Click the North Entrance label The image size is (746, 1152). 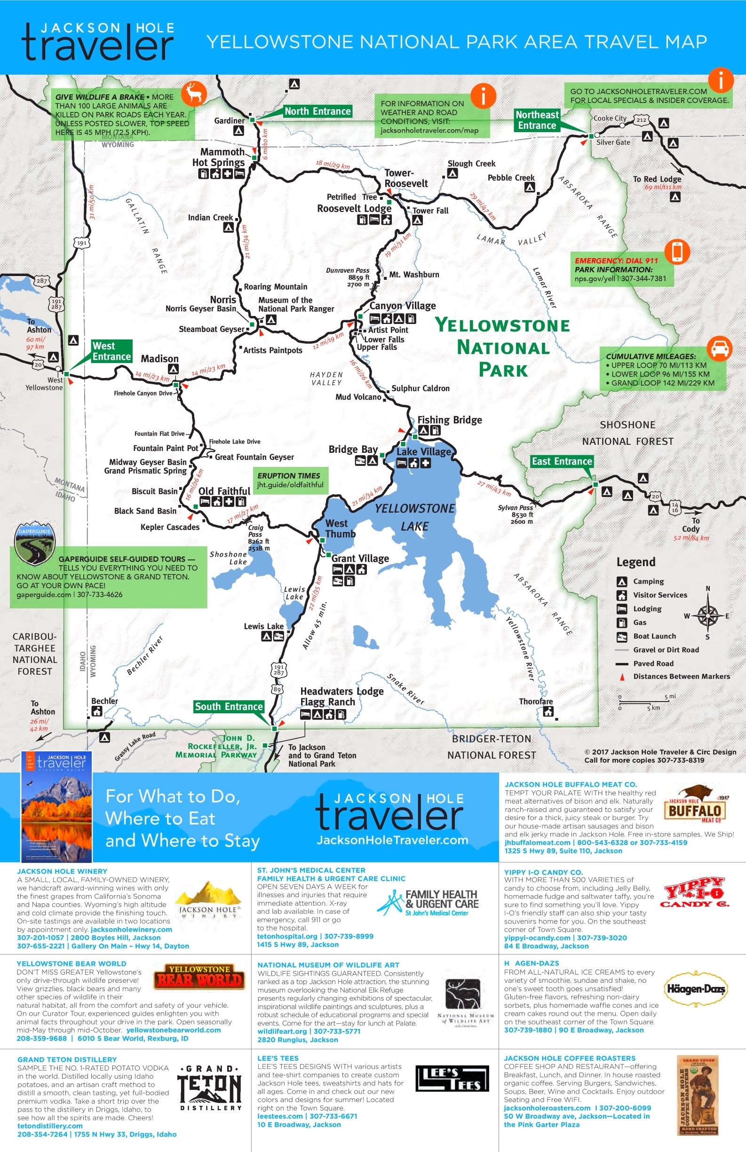click(317, 111)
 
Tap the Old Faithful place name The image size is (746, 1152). click(224, 491)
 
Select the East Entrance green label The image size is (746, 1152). click(562, 461)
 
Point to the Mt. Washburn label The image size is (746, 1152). click(414, 275)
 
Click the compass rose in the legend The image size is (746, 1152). click(707, 615)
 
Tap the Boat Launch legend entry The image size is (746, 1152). click(654, 636)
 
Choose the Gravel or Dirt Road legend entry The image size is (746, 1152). click(666, 649)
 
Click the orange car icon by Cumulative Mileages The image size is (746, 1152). click(719, 348)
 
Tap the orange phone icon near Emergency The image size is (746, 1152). click(677, 251)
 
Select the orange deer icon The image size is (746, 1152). click(194, 93)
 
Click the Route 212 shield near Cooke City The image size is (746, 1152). click(642, 119)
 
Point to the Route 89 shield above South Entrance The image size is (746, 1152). click(277, 689)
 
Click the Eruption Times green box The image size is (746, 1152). click(290, 480)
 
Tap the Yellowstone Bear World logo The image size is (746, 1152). click(199, 976)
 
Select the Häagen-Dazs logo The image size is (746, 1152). click(695, 989)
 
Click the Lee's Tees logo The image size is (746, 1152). click(452, 1079)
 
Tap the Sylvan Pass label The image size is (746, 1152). click(515, 508)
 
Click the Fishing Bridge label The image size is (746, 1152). click(449, 419)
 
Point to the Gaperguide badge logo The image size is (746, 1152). click(35, 543)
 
